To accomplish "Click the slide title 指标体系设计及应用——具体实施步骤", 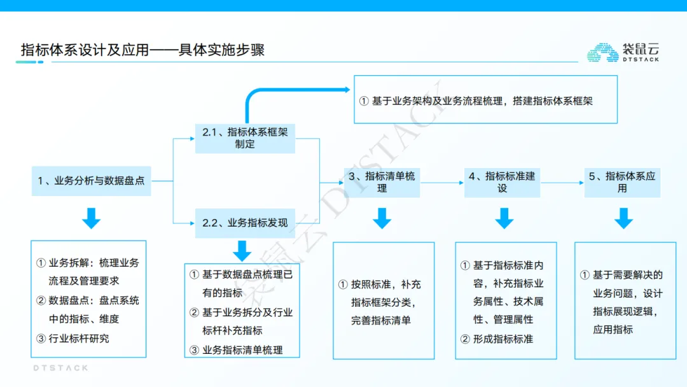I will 142,50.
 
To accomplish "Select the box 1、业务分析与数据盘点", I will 91,181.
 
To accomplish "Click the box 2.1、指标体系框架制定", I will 245,138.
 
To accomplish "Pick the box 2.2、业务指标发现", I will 245,223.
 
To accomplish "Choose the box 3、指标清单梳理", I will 382,182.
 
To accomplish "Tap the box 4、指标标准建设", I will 502,182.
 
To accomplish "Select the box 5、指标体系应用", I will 622,182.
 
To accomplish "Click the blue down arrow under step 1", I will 91,218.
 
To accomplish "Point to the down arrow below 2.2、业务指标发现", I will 242,251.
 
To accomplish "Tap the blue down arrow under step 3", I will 382,218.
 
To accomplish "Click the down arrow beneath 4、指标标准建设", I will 504,218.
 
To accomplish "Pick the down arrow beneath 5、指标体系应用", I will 623,218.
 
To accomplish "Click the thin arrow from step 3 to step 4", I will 442,183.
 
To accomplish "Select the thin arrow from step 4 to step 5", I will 562,183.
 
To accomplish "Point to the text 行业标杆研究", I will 79,339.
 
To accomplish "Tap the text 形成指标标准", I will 503,339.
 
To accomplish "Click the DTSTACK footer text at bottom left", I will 60,368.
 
